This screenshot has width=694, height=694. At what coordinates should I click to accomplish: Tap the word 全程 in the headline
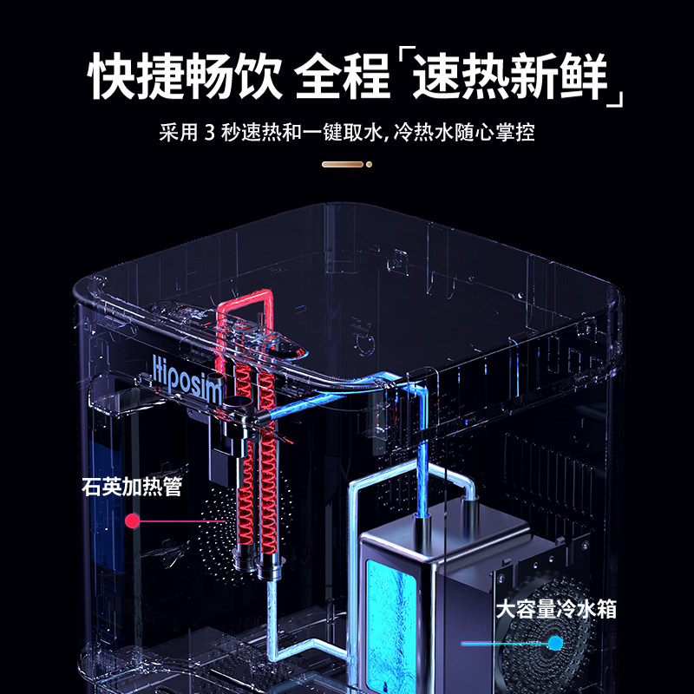(343, 78)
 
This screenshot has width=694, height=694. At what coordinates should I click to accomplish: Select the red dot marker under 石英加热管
(133, 521)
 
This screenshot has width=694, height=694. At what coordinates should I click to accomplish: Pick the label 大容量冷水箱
(556, 609)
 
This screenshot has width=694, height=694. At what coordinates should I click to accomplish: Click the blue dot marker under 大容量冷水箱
(554, 643)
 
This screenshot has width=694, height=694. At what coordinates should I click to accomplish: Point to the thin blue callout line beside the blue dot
(503, 644)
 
